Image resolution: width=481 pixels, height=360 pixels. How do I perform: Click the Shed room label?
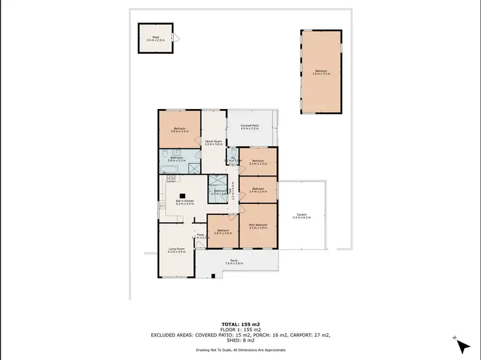click(x=155, y=39)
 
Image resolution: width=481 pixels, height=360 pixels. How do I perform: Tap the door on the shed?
click(x=178, y=38)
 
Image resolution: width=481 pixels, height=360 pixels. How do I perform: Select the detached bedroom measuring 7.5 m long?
click(x=320, y=72)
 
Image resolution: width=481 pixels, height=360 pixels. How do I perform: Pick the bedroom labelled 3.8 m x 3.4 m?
click(x=179, y=130)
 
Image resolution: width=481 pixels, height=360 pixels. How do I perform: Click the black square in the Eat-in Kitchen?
click(x=181, y=196)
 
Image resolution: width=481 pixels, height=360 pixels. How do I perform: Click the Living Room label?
click(x=176, y=250)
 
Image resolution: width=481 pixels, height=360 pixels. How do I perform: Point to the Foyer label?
click(x=199, y=236)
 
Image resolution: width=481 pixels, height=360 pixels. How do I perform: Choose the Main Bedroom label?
click(x=258, y=226)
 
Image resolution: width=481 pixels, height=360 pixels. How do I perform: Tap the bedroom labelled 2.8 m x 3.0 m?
click(x=223, y=231)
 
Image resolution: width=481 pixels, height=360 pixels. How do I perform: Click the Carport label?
click(x=301, y=216)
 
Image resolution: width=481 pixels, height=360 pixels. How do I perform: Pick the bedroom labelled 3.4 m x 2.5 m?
click(x=258, y=162)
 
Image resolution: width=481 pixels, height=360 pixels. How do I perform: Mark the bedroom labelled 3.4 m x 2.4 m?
click(x=258, y=190)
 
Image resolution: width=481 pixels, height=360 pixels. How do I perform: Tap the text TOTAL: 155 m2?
click(x=240, y=324)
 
